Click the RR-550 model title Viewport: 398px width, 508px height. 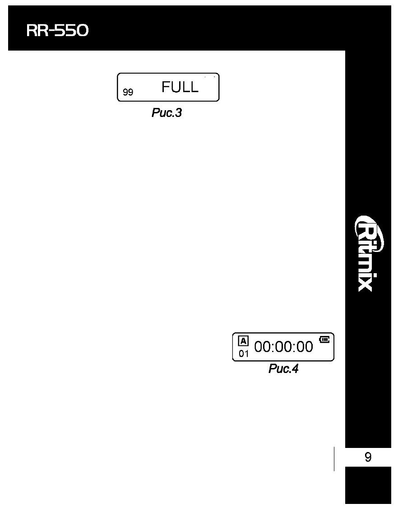[57, 31]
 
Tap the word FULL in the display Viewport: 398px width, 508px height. [180, 87]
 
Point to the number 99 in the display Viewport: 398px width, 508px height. [128, 92]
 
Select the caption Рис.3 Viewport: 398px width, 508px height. [167, 113]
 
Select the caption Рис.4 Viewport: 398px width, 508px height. [283, 368]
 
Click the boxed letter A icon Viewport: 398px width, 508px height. [243, 341]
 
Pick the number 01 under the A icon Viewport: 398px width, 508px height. [244, 354]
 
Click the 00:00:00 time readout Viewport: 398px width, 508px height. [284, 347]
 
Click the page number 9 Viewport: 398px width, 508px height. [368, 457]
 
